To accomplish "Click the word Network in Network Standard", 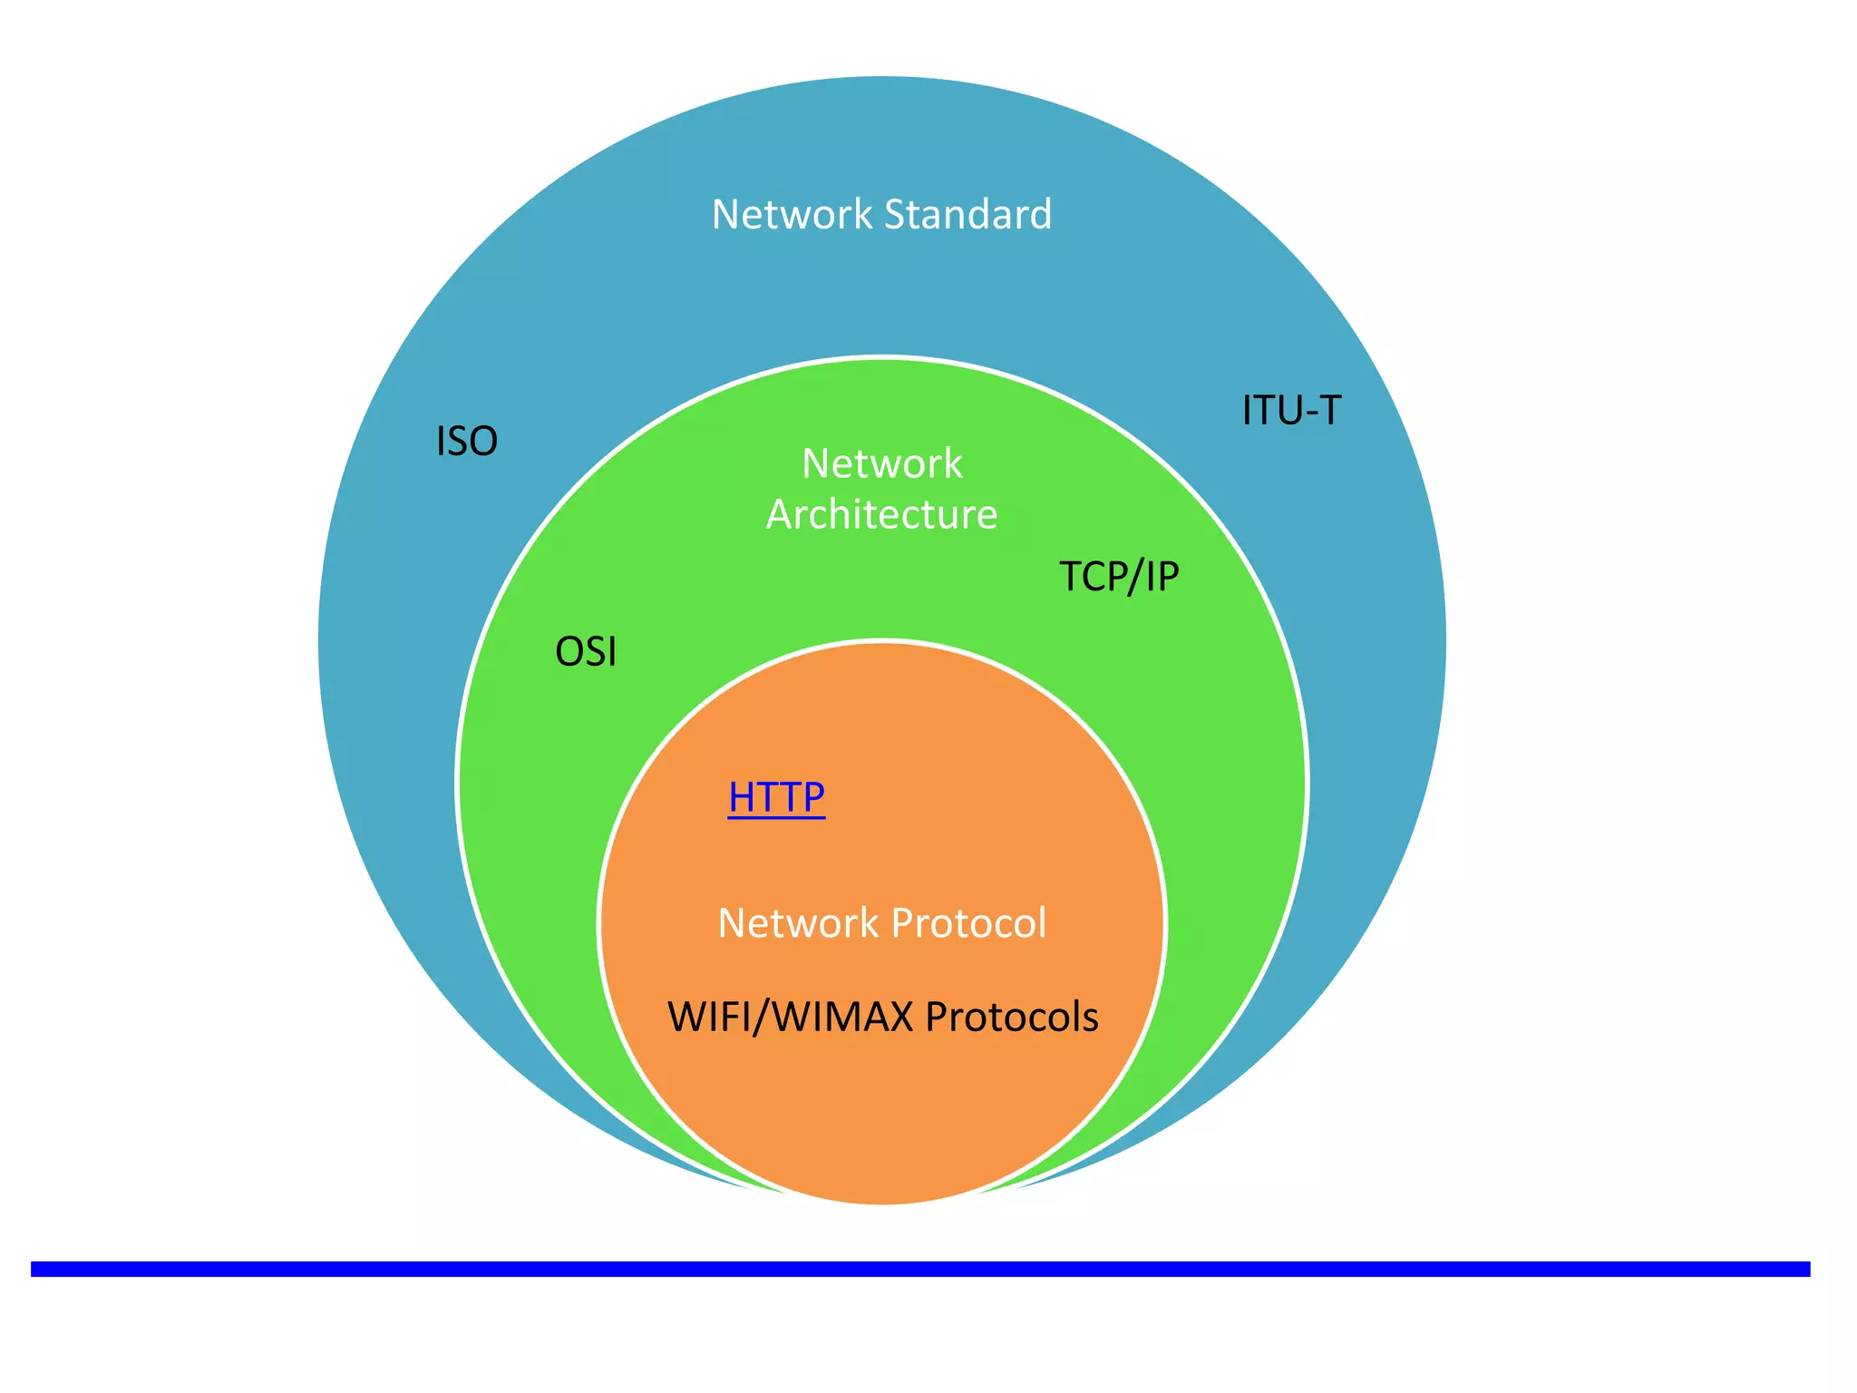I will (792, 215).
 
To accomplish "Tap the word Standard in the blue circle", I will (967, 215).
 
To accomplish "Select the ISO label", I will (467, 442).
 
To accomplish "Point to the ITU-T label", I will (1291, 410).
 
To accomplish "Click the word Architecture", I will (881, 514).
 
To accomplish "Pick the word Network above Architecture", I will (881, 463).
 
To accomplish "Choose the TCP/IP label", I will (1119, 576).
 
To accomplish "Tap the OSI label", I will (586, 652).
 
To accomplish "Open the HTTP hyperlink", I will (776, 797).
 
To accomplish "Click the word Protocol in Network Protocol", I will (968, 923).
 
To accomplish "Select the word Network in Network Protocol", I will (798, 923).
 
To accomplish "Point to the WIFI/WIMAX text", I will (790, 1017).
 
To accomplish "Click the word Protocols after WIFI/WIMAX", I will (1012, 1017).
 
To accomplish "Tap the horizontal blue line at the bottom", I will (919, 1269).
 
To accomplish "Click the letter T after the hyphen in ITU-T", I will (1327, 410).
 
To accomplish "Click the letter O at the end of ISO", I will (483, 442).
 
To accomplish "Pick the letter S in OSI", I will (595, 652).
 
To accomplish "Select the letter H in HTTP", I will (742, 797).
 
